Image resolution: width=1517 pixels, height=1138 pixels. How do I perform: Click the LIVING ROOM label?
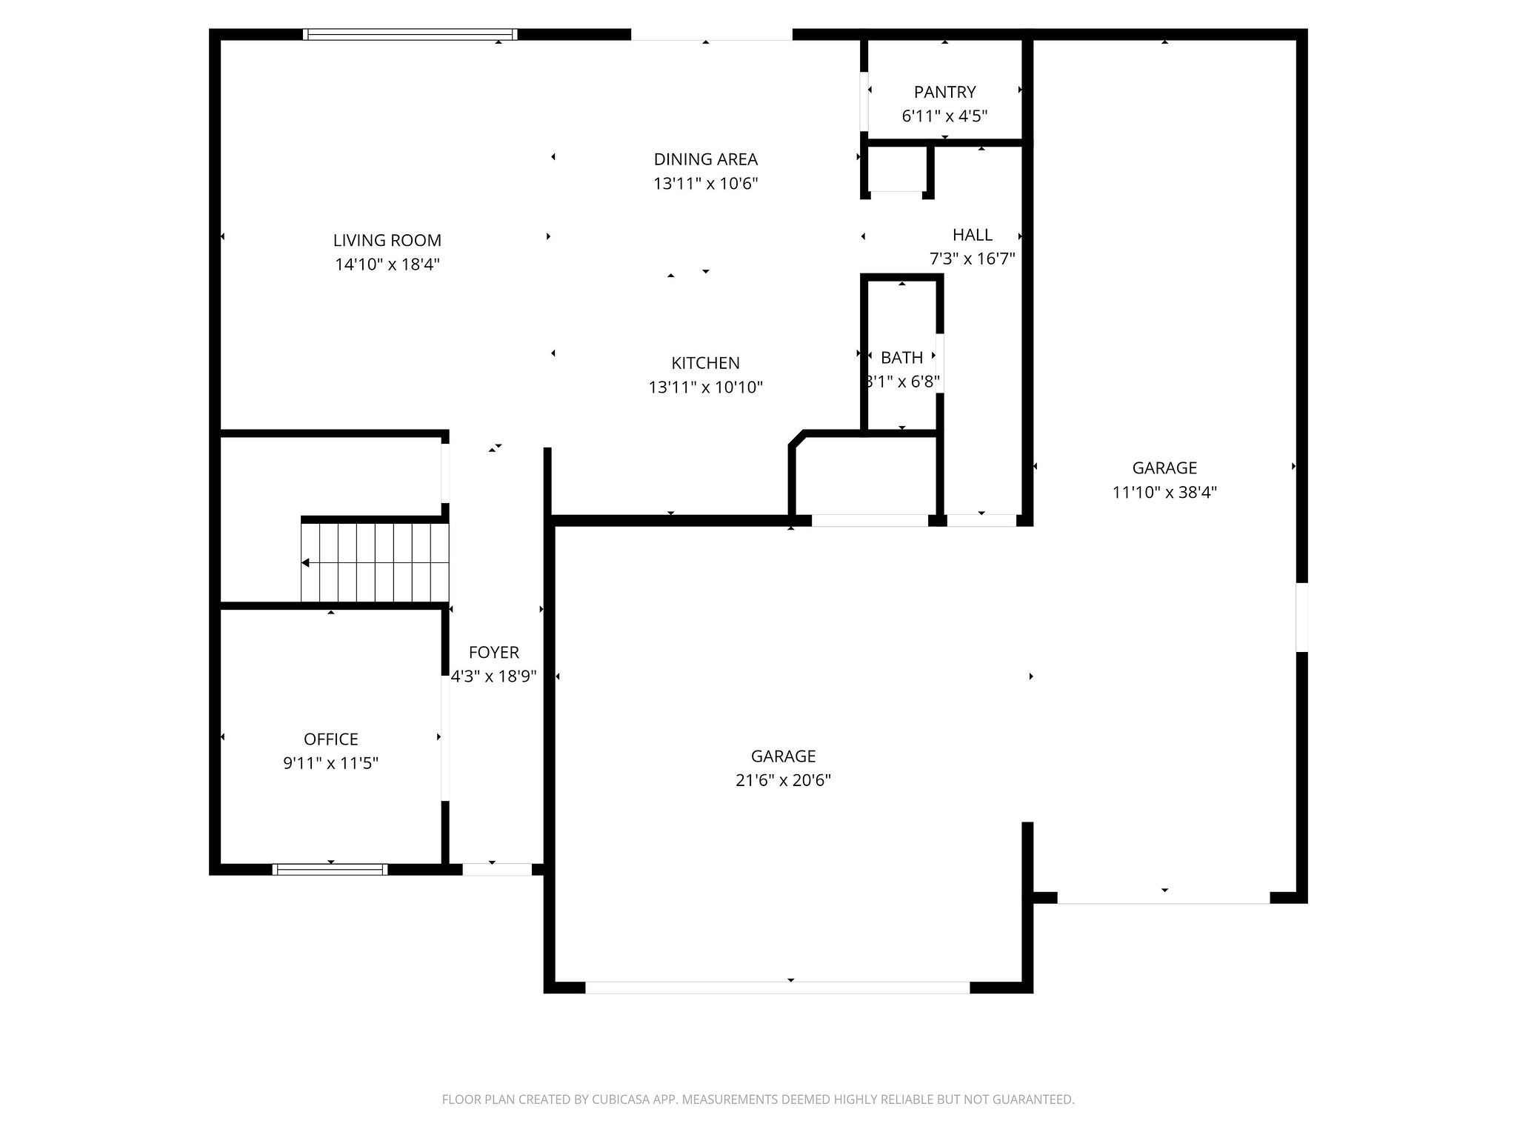pos(387,240)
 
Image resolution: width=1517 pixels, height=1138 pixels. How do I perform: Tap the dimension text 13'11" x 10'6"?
pos(705,184)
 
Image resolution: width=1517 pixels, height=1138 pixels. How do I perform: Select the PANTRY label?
pos(944,92)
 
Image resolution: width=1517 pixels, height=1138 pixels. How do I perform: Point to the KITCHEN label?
pos(705,363)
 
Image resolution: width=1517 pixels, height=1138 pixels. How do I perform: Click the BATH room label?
pos(901,358)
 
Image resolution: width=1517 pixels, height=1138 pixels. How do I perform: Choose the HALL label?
pos(972,235)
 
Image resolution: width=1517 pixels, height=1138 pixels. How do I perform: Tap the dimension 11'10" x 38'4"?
pos(1164,492)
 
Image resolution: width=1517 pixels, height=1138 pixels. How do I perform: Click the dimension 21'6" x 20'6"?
pos(783,780)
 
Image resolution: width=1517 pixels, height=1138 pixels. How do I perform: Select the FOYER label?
pos(493,652)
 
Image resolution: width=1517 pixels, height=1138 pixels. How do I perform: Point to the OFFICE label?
pos(330,739)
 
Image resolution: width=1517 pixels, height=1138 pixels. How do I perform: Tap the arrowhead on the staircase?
pos(305,563)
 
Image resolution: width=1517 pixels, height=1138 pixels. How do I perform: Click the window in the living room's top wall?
pos(410,34)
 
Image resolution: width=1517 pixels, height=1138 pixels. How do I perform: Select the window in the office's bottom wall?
pos(330,869)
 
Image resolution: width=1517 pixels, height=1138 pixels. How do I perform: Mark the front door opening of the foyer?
pos(497,869)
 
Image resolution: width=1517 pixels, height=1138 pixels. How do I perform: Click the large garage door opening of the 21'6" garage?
pos(777,988)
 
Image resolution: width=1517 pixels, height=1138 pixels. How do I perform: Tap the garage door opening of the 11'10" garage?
pos(1163,898)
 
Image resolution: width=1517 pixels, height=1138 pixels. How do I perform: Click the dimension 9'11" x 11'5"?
pos(330,763)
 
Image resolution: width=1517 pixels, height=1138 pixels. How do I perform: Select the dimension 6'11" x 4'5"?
pos(944,116)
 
